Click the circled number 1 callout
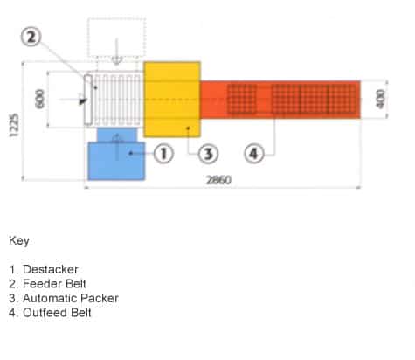tap(163, 153)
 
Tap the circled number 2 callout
tap(31, 37)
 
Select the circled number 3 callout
tap(208, 154)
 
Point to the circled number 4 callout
tap(254, 153)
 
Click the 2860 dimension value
tap(218, 180)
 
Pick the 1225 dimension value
tap(14, 125)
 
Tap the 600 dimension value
tap(40, 99)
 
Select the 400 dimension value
tap(380, 99)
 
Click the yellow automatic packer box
tap(172, 100)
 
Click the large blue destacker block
tap(116, 161)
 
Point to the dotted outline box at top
tap(116, 38)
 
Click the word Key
tap(19, 241)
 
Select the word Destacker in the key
tap(51, 269)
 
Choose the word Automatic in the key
tap(45, 298)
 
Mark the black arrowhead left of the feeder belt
tap(83, 101)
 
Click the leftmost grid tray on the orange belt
tap(242, 99)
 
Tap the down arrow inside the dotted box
tap(117, 52)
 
